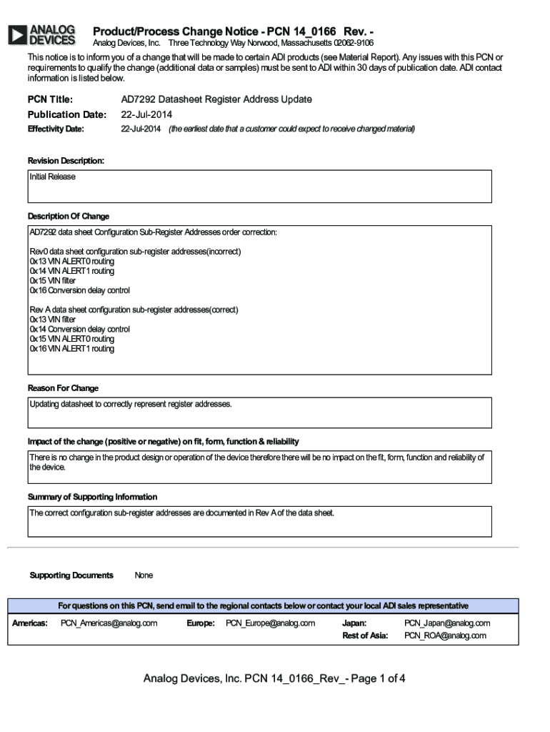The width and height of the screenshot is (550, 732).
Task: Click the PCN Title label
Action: pyautogui.click(x=50, y=99)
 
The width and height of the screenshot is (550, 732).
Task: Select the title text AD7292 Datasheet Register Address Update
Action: pyautogui.click(x=216, y=99)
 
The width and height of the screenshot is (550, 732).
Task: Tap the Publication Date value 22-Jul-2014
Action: pyautogui.click(x=146, y=114)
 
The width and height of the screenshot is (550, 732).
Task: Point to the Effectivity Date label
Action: pyautogui.click(x=56, y=129)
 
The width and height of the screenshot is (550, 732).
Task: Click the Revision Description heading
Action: pyautogui.click(x=66, y=161)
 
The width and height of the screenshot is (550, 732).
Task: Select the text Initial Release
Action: pyautogui.click(x=52, y=177)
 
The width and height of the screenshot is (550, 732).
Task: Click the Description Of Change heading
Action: pyautogui.click(x=69, y=216)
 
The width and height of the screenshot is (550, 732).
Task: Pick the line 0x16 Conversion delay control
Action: pyautogui.click(x=79, y=290)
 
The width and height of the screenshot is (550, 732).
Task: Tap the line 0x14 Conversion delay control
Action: pyautogui.click(x=79, y=330)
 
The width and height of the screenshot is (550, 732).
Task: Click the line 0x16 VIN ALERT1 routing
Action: pyautogui.click(x=71, y=349)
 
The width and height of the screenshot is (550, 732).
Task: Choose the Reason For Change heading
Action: pyautogui.click(x=63, y=388)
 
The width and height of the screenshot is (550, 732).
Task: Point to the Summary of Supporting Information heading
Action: pyautogui.click(x=92, y=497)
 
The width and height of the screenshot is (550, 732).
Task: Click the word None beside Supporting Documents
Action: pyautogui.click(x=144, y=575)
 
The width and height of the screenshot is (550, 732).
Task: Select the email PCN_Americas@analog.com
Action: pyautogui.click(x=109, y=623)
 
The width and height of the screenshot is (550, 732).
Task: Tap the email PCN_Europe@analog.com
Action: pyautogui.click(x=270, y=623)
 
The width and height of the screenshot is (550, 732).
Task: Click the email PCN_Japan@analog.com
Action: pyautogui.click(x=447, y=623)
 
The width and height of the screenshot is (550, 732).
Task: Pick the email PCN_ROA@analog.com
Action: pyautogui.click(x=445, y=635)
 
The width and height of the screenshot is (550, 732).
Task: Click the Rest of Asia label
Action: pyautogui.click(x=365, y=635)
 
